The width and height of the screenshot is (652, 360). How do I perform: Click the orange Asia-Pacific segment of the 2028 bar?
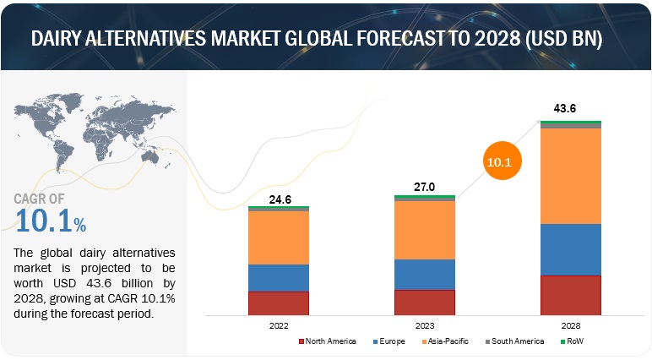571,176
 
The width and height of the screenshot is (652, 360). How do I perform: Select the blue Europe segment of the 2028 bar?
571,249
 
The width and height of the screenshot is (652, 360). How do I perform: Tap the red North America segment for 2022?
278,303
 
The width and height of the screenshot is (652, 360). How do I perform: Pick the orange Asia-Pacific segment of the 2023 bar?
425,230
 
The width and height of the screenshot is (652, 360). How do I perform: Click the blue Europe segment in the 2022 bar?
278,278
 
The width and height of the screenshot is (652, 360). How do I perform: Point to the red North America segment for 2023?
425,303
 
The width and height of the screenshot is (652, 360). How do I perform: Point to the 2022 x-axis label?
278,325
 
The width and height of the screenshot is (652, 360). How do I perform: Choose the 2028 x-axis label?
571,325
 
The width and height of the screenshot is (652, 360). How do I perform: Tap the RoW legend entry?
575,341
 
